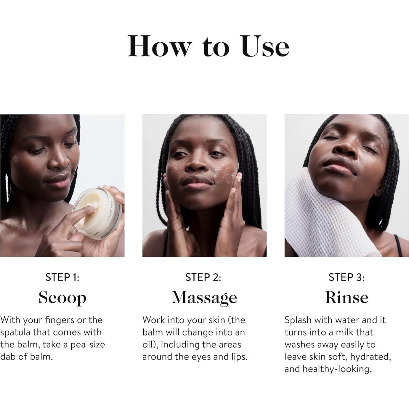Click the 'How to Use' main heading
pyautogui.click(x=208, y=46)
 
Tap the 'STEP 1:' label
pyautogui.click(x=62, y=277)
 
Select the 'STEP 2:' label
pyautogui.click(x=203, y=277)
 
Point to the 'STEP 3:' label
pyautogui.click(x=347, y=277)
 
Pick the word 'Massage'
pyautogui.click(x=204, y=298)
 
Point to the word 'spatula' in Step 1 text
pyautogui.click(x=15, y=333)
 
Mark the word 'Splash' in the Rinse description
pyautogui.click(x=298, y=320)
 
